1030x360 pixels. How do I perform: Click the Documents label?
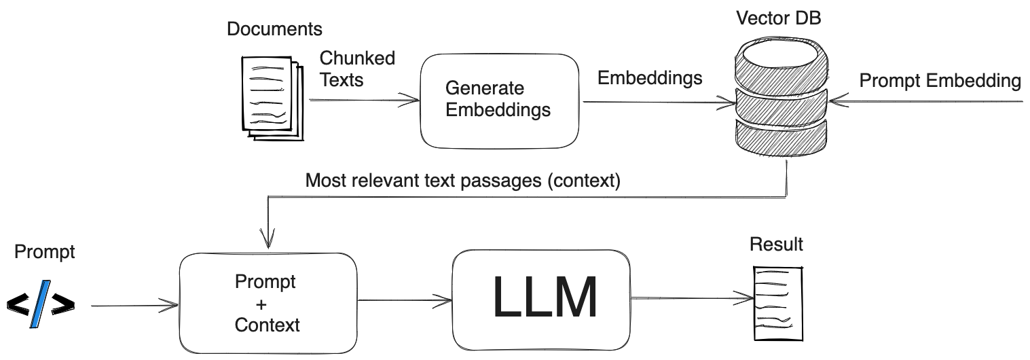pos(274,29)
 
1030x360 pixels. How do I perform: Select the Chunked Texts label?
pos(357,69)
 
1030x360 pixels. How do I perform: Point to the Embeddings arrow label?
pos(649,78)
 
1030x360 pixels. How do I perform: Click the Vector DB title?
pos(778,18)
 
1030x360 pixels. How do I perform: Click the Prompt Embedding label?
pos(940,81)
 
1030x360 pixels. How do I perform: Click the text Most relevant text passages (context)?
pos(462,181)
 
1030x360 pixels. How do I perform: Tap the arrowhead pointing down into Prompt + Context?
pos(270,238)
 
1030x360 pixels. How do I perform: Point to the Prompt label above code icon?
pos(44,253)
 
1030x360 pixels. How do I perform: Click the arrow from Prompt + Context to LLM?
pos(405,300)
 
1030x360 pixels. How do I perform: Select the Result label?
pos(775,244)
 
